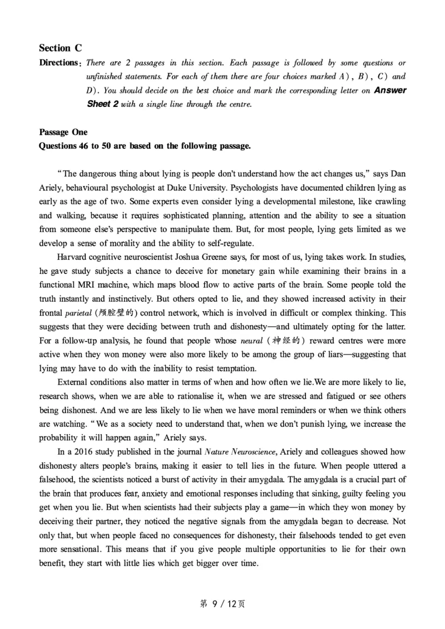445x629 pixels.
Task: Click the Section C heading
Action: pos(55,48)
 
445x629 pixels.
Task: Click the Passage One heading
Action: pos(63,132)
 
